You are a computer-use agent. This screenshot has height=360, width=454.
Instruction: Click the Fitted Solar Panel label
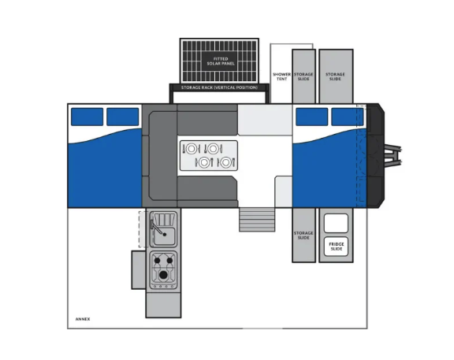click(x=221, y=61)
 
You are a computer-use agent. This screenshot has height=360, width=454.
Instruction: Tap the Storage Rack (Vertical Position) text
click(x=219, y=87)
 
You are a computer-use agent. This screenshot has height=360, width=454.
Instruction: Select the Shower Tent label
click(x=281, y=76)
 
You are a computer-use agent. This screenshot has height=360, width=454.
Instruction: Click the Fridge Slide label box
click(x=336, y=247)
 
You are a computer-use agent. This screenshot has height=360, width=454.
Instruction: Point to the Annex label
click(x=83, y=319)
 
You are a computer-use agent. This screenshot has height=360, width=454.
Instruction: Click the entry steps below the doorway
click(x=257, y=219)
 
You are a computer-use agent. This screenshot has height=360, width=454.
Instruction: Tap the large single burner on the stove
click(x=163, y=275)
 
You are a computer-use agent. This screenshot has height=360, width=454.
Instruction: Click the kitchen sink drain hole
click(x=165, y=235)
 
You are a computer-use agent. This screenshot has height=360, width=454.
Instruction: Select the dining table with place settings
click(x=208, y=155)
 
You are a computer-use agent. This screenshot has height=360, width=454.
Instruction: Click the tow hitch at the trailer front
click(x=393, y=155)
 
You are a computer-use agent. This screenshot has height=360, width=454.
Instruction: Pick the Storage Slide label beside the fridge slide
click(x=303, y=236)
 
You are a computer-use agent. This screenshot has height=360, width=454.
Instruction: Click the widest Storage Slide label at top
click(x=335, y=76)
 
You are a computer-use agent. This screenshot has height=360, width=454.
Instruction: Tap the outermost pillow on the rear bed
click(x=87, y=117)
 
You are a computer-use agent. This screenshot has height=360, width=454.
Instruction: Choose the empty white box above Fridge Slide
click(x=336, y=223)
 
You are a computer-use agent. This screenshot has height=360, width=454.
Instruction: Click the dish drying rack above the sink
click(x=164, y=220)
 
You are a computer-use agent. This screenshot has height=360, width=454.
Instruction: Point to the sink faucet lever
click(x=157, y=227)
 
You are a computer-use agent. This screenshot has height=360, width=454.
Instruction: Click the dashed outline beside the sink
click(x=143, y=229)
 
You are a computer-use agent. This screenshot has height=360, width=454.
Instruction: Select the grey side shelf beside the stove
click(x=139, y=269)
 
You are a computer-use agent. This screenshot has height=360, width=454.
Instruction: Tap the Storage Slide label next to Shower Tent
click(x=303, y=76)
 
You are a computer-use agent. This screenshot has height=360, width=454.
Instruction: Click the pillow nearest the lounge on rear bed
click(x=123, y=117)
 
